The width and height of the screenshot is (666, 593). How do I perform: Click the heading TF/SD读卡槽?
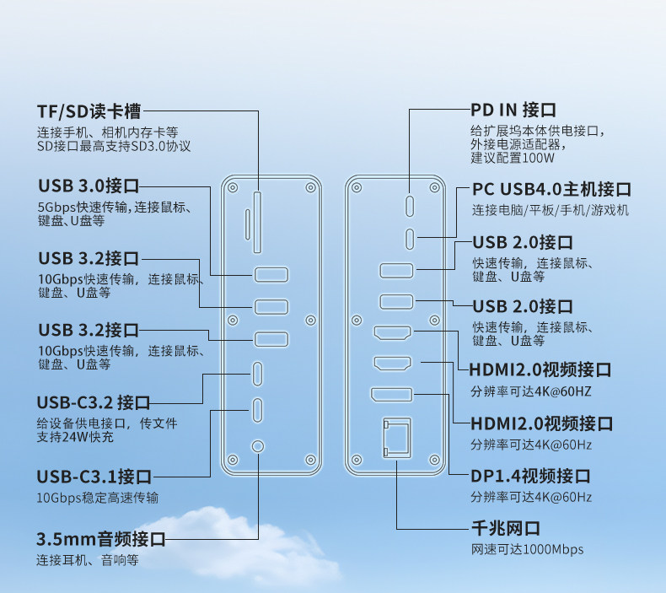coord(89,111)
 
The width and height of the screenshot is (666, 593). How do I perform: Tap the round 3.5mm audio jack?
coord(258,446)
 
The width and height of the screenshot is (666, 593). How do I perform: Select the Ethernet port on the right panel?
coord(396,439)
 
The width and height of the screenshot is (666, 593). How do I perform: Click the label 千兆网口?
coord(505,529)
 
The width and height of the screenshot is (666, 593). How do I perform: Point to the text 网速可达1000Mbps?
coord(527,550)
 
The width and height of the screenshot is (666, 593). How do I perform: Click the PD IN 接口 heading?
coord(513,110)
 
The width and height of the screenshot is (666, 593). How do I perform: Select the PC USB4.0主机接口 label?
coord(551,190)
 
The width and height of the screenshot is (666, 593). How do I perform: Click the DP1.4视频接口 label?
coord(530,476)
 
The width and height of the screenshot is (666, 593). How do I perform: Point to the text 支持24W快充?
coord(75,438)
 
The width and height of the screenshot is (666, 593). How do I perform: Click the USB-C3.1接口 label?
coord(94,477)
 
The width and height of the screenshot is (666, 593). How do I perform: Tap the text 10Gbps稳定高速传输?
coord(97,498)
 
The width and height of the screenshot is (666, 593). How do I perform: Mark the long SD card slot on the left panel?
coord(258,221)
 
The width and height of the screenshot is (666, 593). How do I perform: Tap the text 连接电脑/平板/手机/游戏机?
coord(551,211)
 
